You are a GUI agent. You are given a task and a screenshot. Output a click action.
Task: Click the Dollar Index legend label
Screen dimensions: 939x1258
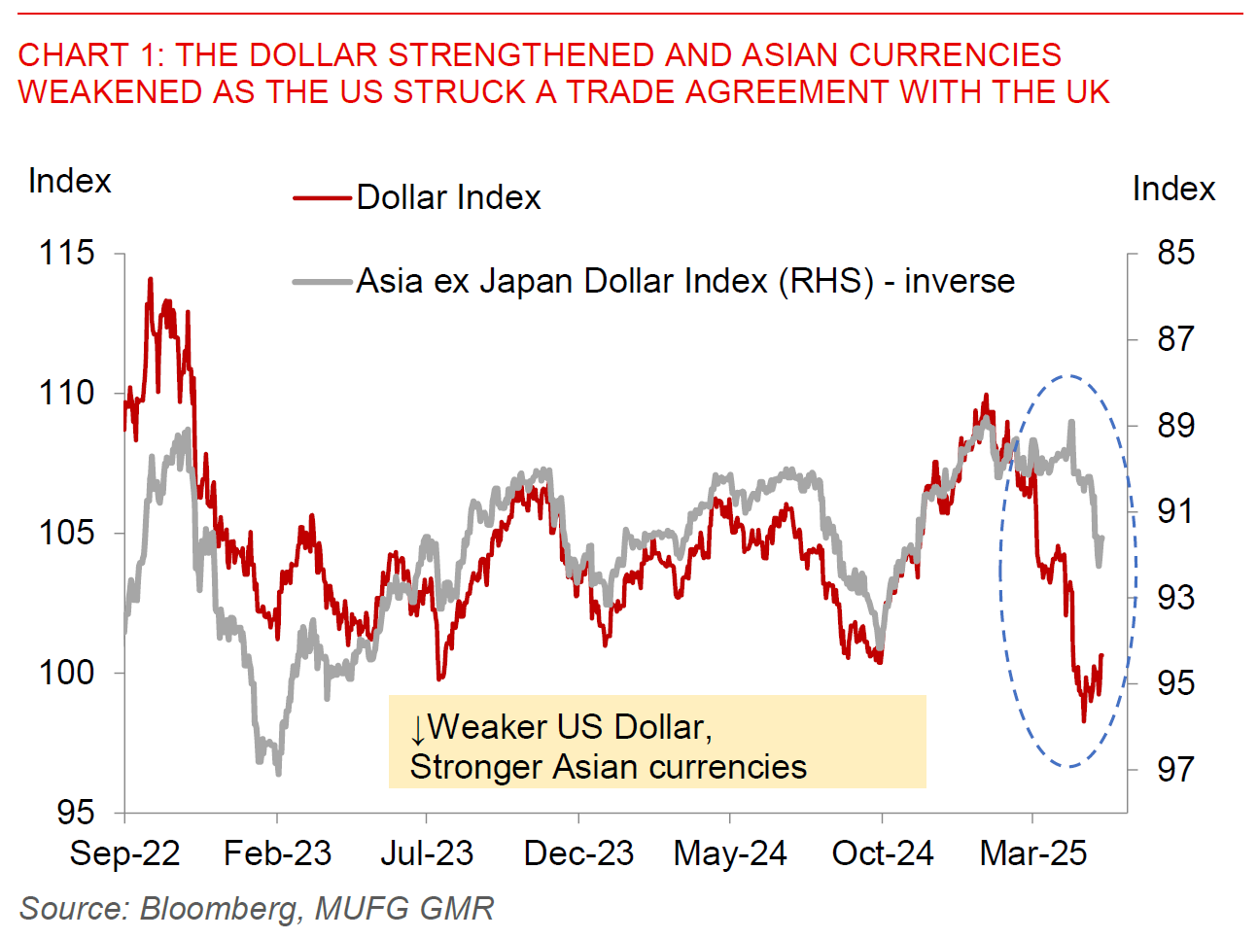click(x=448, y=197)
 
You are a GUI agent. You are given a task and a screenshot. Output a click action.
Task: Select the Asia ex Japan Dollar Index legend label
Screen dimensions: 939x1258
click(x=685, y=281)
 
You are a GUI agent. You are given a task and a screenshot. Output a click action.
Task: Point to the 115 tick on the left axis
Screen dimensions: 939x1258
click(x=66, y=253)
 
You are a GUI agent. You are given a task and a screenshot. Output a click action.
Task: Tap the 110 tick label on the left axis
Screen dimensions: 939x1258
click(x=66, y=393)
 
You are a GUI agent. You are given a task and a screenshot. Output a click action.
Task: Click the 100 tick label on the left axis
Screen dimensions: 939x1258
click(x=66, y=672)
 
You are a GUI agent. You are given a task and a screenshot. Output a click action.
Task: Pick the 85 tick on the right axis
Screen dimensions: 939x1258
click(x=1175, y=253)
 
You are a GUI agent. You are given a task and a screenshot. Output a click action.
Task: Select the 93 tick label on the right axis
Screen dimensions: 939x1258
click(x=1175, y=597)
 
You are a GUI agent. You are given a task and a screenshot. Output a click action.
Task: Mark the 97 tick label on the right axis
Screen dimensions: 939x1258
click(x=1175, y=769)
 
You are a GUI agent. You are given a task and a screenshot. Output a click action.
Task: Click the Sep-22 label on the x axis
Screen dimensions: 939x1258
click(x=124, y=853)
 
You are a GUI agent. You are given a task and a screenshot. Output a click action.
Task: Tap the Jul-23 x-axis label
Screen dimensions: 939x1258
click(x=427, y=853)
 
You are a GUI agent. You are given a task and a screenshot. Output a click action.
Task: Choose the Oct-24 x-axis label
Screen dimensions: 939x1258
click(x=882, y=853)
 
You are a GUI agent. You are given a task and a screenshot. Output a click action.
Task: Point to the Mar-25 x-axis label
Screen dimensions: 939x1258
click(x=1032, y=853)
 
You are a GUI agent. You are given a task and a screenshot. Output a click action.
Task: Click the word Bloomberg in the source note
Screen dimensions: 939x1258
click(x=219, y=908)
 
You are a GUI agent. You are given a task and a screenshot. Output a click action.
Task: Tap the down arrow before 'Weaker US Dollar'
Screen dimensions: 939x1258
click(x=417, y=729)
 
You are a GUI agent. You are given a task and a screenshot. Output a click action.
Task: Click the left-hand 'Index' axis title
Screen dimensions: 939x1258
click(x=69, y=181)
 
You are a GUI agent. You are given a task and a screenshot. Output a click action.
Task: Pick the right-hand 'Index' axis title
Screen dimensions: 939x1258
click(x=1173, y=189)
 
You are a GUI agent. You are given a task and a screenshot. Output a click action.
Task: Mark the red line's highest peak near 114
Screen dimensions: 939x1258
click(x=151, y=280)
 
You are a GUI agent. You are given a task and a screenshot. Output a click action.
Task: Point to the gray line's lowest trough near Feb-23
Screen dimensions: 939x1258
click(x=278, y=773)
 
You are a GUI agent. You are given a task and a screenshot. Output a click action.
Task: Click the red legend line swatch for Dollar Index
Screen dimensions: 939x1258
click(x=322, y=198)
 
